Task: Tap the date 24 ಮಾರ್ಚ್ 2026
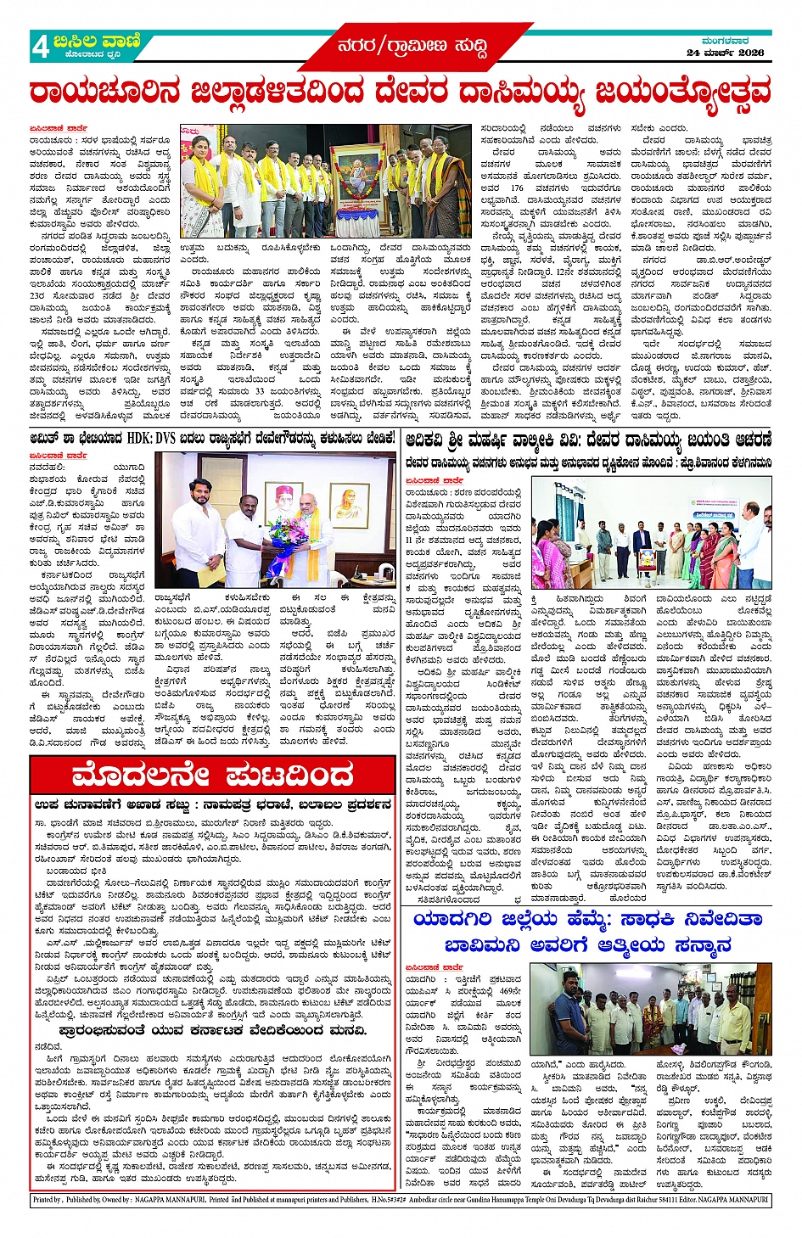(725, 53)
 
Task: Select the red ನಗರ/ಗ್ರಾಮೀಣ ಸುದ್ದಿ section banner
(412, 47)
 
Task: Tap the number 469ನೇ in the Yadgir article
(510, 990)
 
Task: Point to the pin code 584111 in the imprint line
(652, 1200)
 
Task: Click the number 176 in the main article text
(517, 188)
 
